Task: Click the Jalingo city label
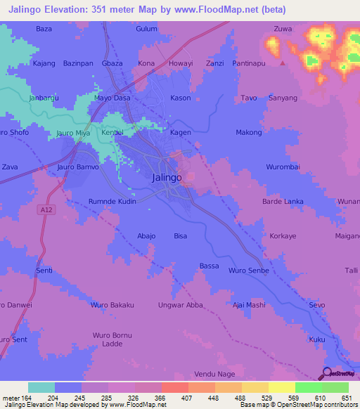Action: tap(167, 178)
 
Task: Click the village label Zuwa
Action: tap(283, 29)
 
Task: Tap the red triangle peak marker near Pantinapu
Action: tap(283, 63)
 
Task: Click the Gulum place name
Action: tap(146, 29)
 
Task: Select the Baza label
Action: tap(44, 29)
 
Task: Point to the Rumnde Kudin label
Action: tap(112, 202)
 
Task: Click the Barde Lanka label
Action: tap(283, 202)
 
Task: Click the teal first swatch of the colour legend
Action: tap(41, 387)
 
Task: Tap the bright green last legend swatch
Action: tap(335, 387)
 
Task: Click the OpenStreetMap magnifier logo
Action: tap(327, 374)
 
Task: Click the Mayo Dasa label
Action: tap(112, 98)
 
